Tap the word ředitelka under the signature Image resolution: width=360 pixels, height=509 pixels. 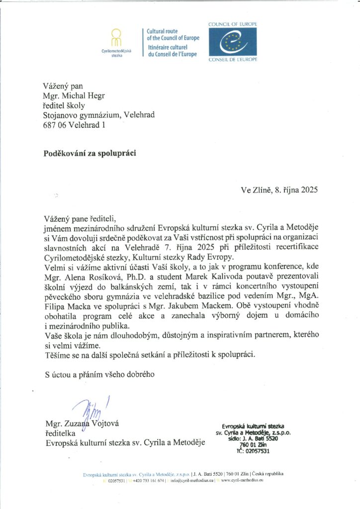click(60, 433)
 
